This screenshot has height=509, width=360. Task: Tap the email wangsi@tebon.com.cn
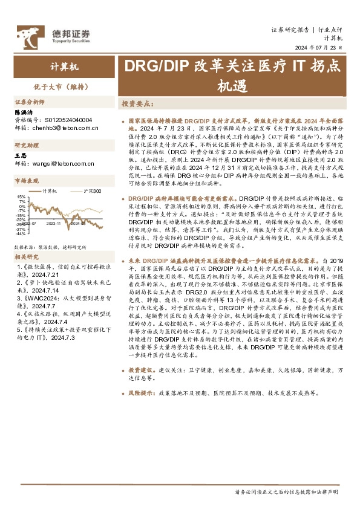61,164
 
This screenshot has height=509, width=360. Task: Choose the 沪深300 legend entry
91,190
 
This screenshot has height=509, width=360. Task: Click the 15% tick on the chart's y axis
21,196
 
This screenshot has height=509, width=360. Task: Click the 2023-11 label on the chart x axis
54,223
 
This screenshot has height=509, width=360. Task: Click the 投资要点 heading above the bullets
137,104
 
